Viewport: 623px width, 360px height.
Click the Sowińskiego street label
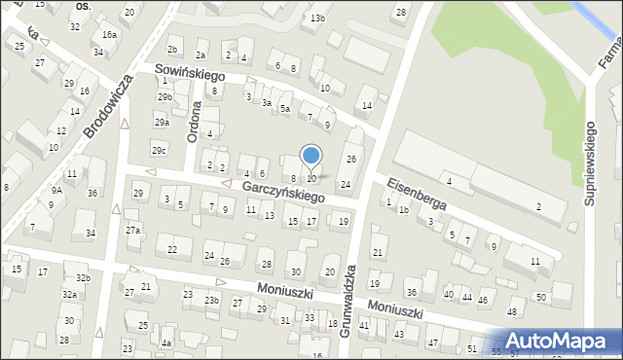pyautogui.click(x=191, y=74)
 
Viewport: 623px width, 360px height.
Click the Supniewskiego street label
pyautogui.click(x=590, y=162)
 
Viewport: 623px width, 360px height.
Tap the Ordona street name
pyautogui.click(x=194, y=125)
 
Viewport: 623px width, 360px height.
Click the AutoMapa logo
pyautogui.click(x=559, y=340)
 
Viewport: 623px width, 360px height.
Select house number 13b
pyautogui.click(x=317, y=18)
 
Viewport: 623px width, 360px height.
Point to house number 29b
pyautogui.click(x=165, y=97)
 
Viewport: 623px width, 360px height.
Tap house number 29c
pyautogui.click(x=159, y=150)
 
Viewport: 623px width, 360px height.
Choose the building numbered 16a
pyautogui.click(x=110, y=35)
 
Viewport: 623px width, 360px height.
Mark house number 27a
pyautogui.click(x=133, y=231)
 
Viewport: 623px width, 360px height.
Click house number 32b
pyautogui.click(x=84, y=278)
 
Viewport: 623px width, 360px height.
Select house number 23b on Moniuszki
pyautogui.click(x=211, y=302)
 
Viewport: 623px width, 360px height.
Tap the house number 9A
pyautogui.click(x=56, y=191)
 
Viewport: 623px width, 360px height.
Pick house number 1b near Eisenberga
pyautogui.click(x=403, y=209)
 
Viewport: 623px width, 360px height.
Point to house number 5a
pyautogui.click(x=285, y=109)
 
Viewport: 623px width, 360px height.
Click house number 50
pyautogui.click(x=541, y=297)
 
